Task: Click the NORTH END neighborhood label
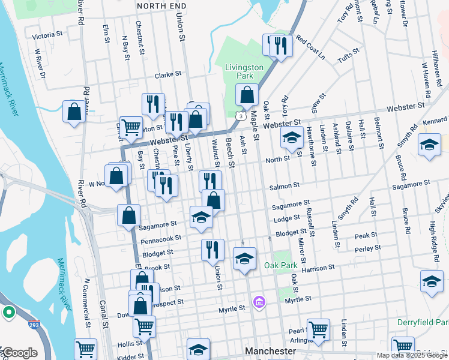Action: (x=158, y=5)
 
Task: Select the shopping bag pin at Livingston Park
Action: (x=247, y=95)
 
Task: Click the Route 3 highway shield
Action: (x=240, y=115)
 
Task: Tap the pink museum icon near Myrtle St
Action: (x=259, y=301)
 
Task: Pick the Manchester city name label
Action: (x=270, y=350)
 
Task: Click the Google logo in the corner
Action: (x=19, y=353)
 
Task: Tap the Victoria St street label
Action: (x=47, y=36)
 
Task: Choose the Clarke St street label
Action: (x=168, y=75)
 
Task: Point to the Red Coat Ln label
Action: (x=310, y=50)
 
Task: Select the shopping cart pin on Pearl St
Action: (x=318, y=329)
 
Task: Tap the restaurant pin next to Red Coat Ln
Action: (x=280, y=46)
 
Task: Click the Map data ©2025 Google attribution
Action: (x=412, y=355)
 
